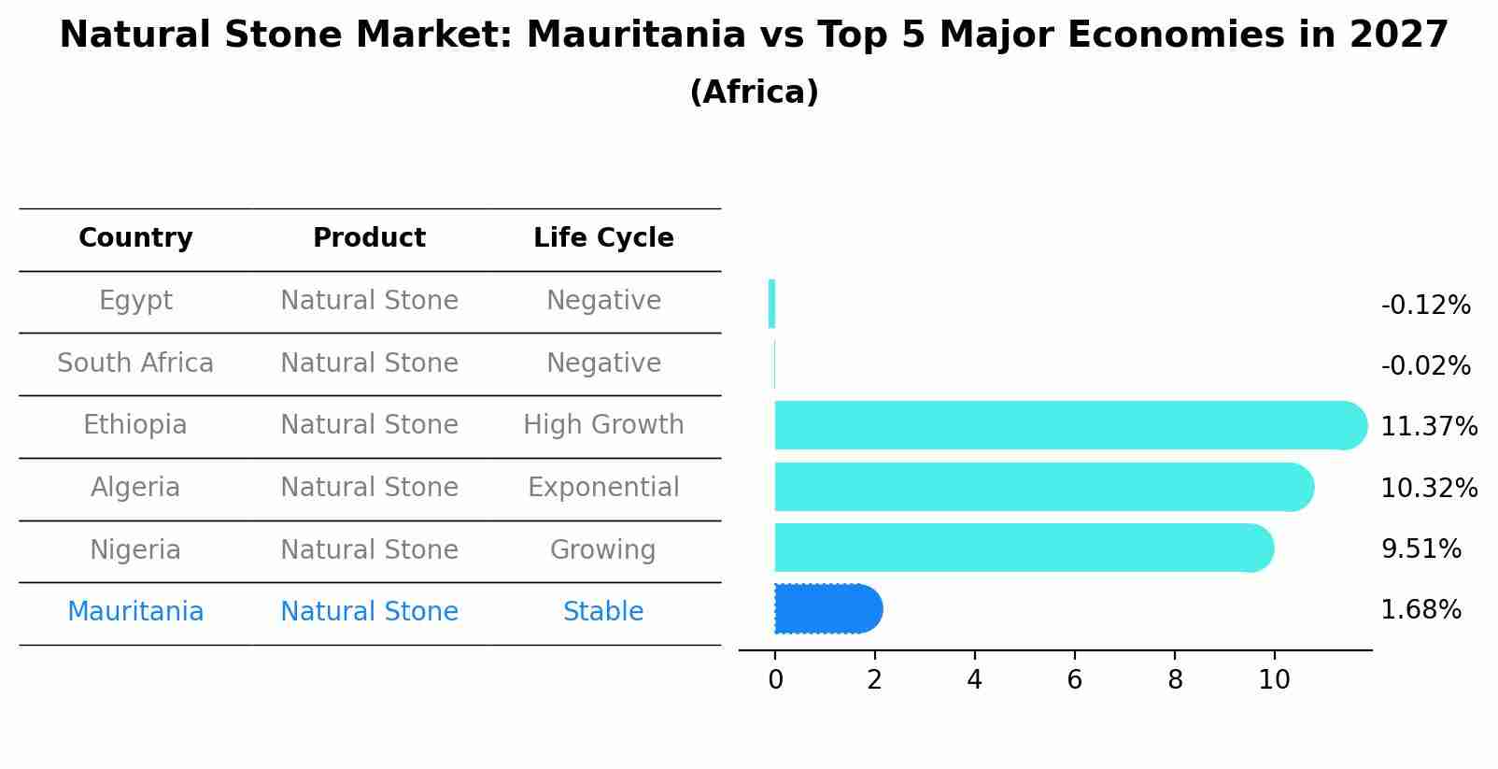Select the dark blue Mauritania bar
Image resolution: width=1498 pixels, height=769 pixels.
pos(827,609)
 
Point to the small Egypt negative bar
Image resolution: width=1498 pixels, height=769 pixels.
pos(771,304)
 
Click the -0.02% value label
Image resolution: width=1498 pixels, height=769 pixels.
pos(1425,366)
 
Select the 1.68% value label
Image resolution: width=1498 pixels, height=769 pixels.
pos(1420,610)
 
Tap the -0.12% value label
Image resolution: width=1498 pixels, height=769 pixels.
pos(1425,306)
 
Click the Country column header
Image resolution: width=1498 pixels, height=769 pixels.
pos(135,238)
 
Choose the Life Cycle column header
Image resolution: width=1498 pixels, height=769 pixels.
pos(603,238)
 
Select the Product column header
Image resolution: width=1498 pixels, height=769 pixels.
pos(369,238)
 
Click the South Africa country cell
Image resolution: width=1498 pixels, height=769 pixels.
pos(135,363)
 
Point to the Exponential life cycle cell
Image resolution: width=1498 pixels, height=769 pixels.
pos(603,488)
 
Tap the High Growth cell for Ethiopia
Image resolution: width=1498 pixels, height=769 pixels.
pos(603,425)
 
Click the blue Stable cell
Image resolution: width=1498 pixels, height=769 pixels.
pos(603,612)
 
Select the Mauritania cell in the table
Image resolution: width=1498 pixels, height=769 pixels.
pos(135,612)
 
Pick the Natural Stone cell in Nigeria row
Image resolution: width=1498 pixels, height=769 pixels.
pos(369,550)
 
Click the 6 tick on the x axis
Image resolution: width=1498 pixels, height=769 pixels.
pos(1074,680)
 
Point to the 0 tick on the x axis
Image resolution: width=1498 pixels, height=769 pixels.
pos(775,680)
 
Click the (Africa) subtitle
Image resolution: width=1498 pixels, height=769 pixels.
pos(754,93)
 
